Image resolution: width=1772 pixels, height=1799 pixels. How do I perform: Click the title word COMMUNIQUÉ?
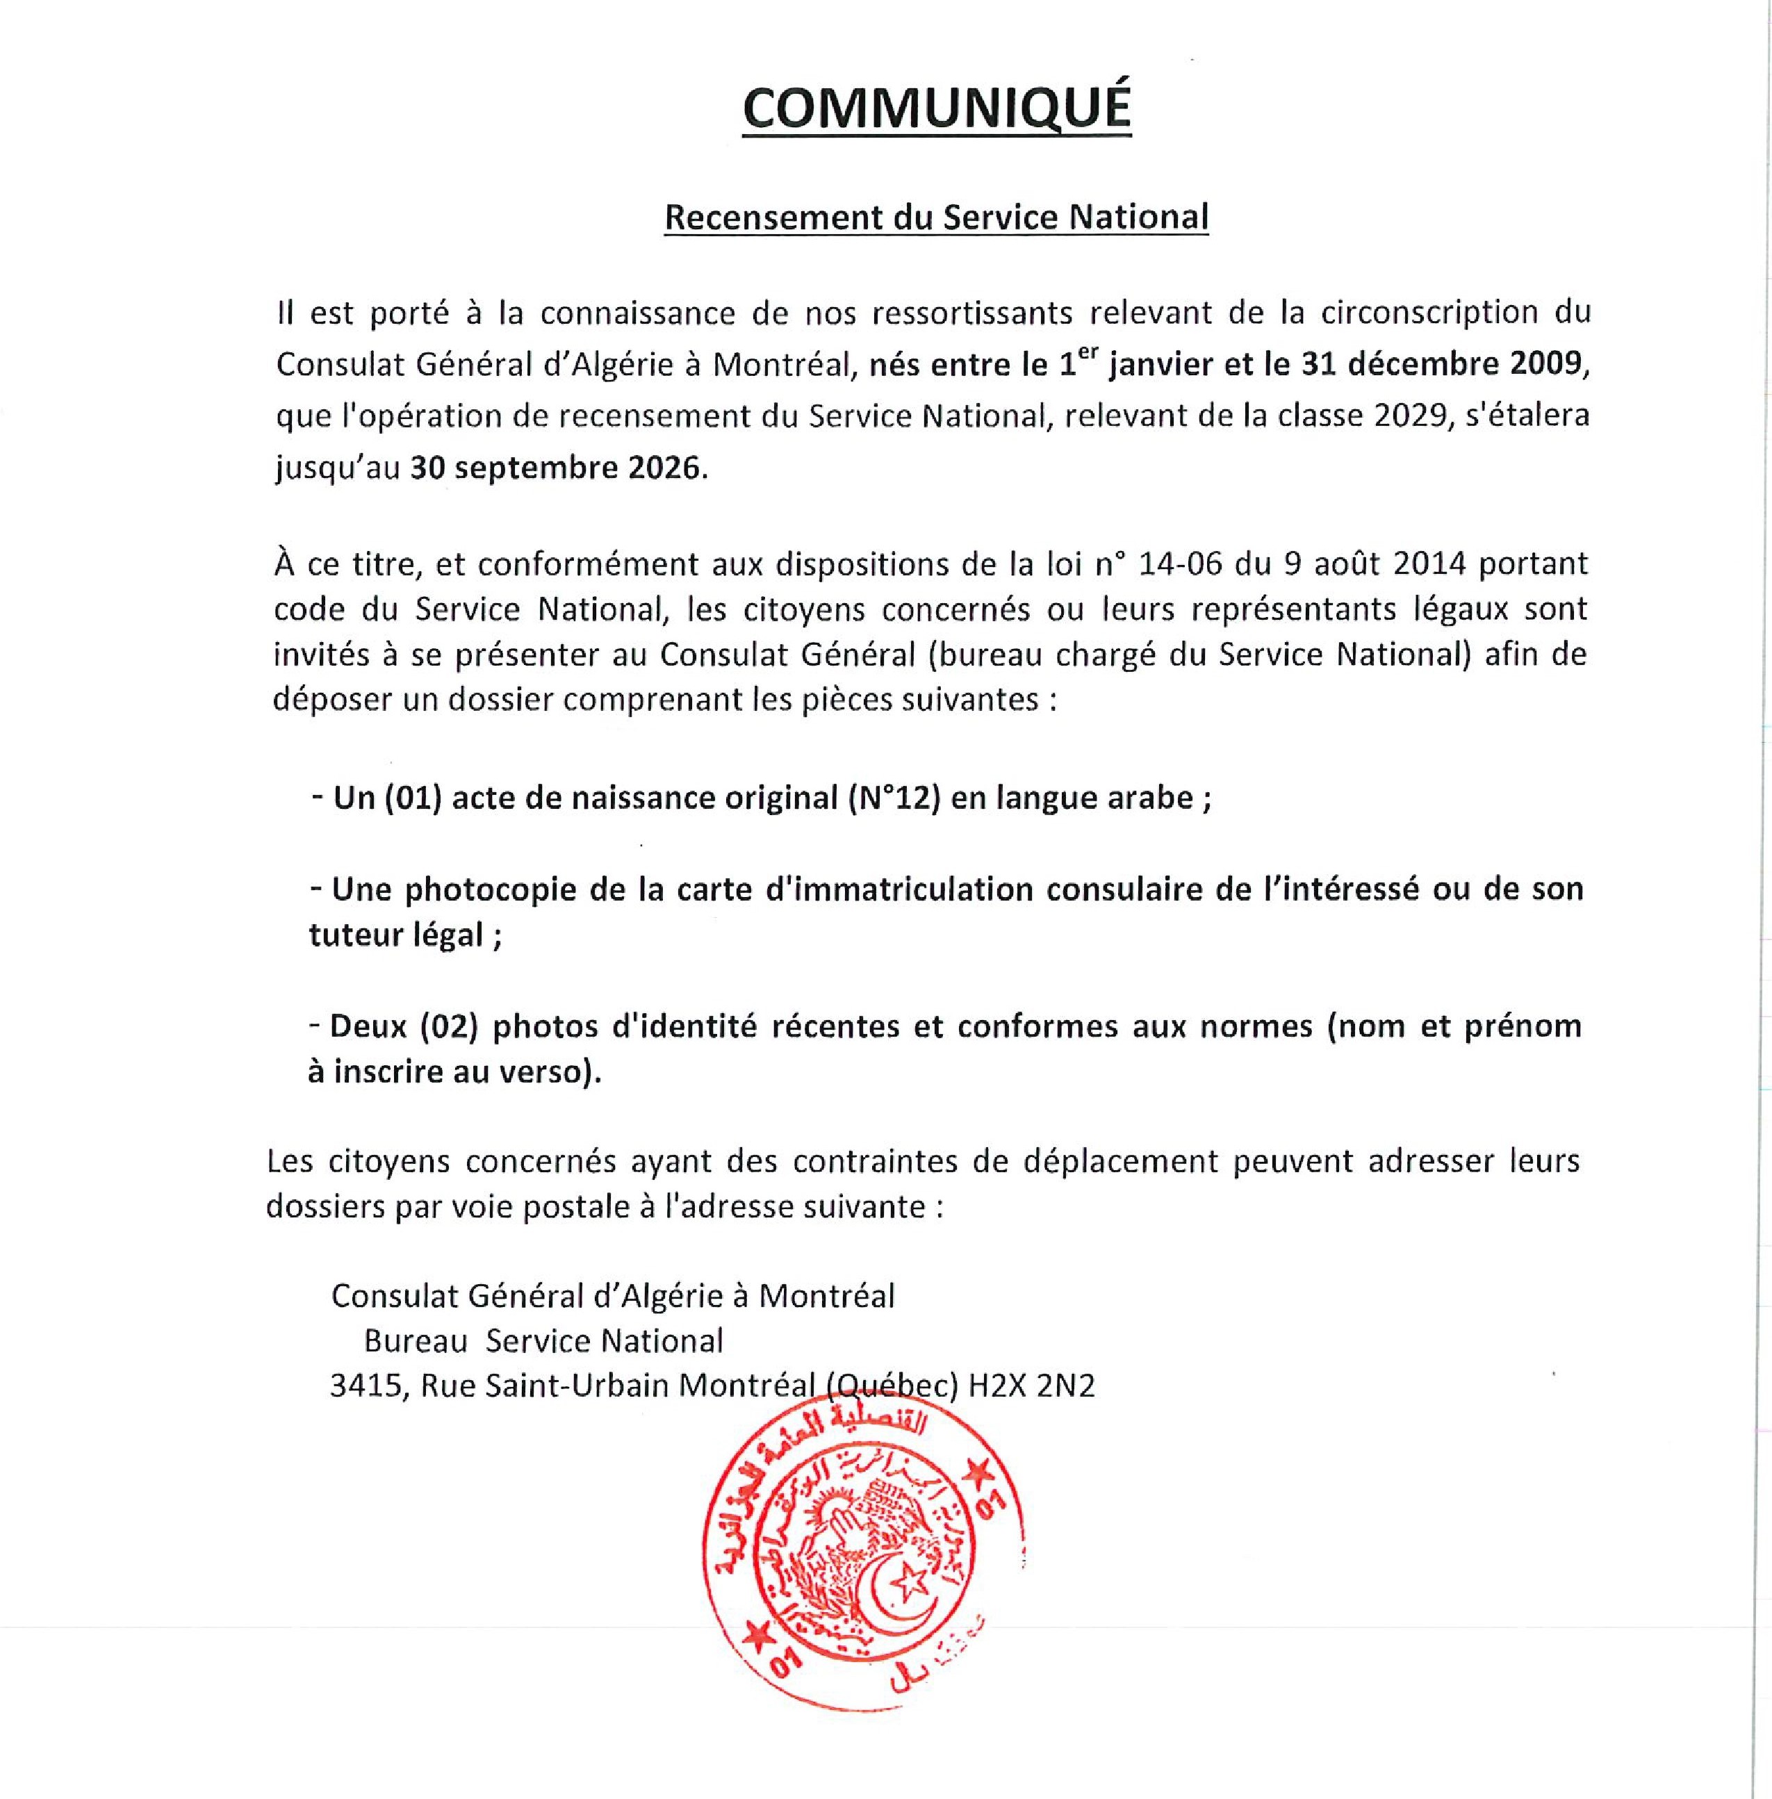pos(936,108)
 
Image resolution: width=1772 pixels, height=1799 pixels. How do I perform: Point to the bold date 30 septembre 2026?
pos(555,466)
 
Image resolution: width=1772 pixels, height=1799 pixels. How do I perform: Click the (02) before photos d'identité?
pos(448,1026)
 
